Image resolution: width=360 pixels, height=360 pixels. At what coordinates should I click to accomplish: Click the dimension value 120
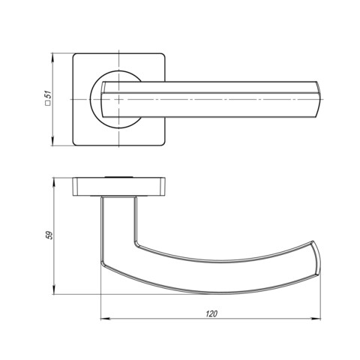(x=211, y=313)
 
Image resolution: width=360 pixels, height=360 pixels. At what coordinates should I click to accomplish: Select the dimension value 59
(x=49, y=235)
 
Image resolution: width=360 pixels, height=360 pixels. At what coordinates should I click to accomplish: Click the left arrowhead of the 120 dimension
(x=105, y=319)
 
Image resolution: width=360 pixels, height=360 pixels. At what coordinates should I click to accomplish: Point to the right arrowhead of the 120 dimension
(x=316, y=319)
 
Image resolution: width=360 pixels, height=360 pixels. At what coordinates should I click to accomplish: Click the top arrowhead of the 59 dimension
(x=53, y=182)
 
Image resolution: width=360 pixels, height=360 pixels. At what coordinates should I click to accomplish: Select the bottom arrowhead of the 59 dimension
(x=53, y=289)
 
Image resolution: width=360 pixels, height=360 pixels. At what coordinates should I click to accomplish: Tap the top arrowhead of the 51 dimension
(x=52, y=58)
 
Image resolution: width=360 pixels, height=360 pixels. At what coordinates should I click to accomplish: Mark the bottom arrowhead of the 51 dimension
(x=52, y=141)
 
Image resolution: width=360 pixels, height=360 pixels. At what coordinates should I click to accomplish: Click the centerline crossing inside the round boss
(x=119, y=99)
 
